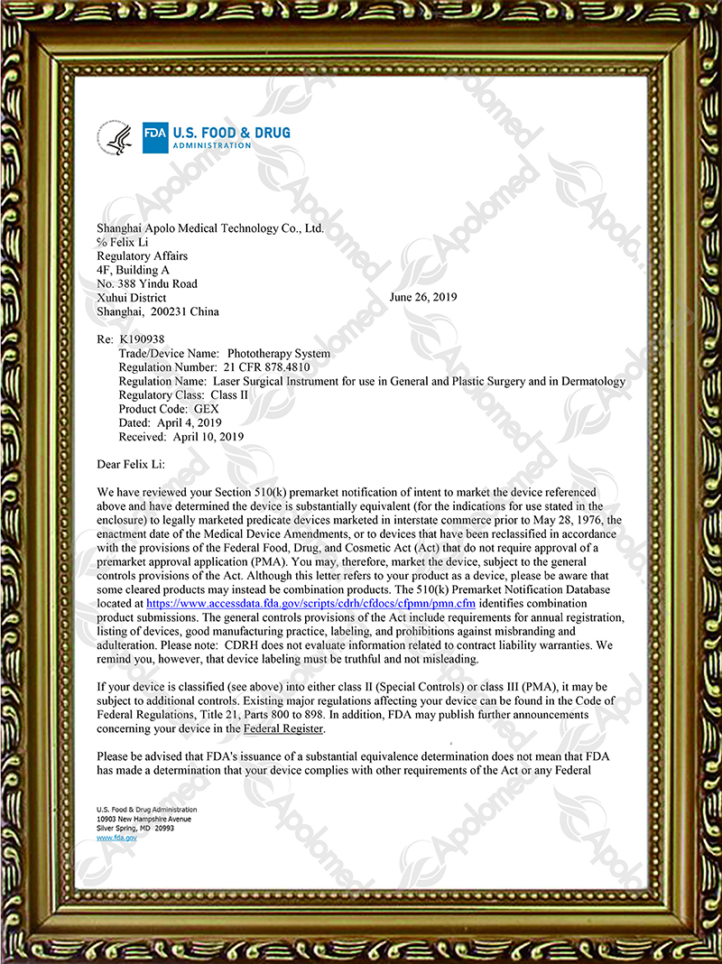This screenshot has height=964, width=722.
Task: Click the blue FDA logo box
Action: (151, 138)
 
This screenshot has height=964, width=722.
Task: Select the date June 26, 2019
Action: (423, 297)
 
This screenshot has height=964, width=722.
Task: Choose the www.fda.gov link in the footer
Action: (116, 838)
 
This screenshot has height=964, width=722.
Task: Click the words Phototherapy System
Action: (279, 354)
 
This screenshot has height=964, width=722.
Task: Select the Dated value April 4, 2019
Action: (189, 422)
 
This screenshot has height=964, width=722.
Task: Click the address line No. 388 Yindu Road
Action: (146, 283)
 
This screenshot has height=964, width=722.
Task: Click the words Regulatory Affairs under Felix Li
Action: (142, 255)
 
